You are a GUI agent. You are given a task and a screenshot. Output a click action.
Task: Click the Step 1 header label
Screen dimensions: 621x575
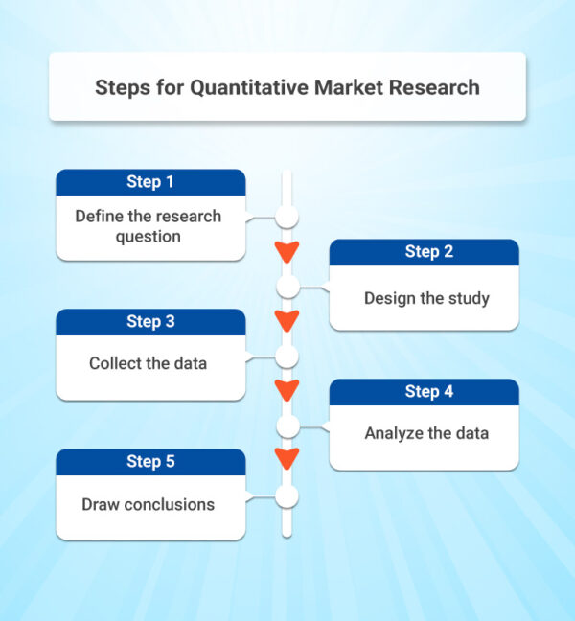tap(150, 182)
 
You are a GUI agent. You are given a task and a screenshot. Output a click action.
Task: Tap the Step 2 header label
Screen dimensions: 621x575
tap(424, 252)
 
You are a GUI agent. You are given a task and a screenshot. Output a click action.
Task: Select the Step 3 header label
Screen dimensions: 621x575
tap(150, 322)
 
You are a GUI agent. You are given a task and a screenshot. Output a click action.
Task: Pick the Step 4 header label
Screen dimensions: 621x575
tap(424, 392)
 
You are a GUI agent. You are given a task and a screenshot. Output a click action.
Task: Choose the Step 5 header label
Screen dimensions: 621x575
tap(150, 462)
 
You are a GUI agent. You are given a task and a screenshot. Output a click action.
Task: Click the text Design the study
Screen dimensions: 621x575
tap(426, 298)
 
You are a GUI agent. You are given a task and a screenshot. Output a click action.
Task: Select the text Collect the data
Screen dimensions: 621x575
tap(148, 363)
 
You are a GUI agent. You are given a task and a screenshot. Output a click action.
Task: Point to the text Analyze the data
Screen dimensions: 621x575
tap(426, 433)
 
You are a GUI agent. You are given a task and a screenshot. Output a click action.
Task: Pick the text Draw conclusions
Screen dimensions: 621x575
tap(148, 504)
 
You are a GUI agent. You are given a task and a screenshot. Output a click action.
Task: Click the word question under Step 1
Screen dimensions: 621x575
tap(148, 236)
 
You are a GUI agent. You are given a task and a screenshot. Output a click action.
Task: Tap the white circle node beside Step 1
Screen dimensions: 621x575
tap(287, 217)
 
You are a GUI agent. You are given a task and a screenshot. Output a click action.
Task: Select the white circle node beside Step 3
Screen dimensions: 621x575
tap(287, 356)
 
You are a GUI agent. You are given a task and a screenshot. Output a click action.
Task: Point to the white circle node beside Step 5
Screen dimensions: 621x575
tap(287, 495)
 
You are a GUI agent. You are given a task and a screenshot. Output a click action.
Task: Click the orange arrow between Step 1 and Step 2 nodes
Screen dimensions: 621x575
tap(287, 252)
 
